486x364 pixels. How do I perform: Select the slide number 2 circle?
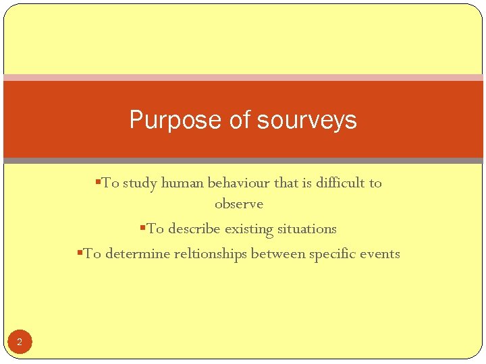coord(20,342)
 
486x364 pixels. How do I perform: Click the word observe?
coord(238,204)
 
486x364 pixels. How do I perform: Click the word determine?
coord(138,254)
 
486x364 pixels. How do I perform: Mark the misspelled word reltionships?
coord(210,254)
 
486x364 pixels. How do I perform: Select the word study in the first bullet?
coord(140,183)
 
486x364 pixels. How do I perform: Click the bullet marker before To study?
coord(99,181)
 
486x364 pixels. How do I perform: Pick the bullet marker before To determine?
coord(80,252)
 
